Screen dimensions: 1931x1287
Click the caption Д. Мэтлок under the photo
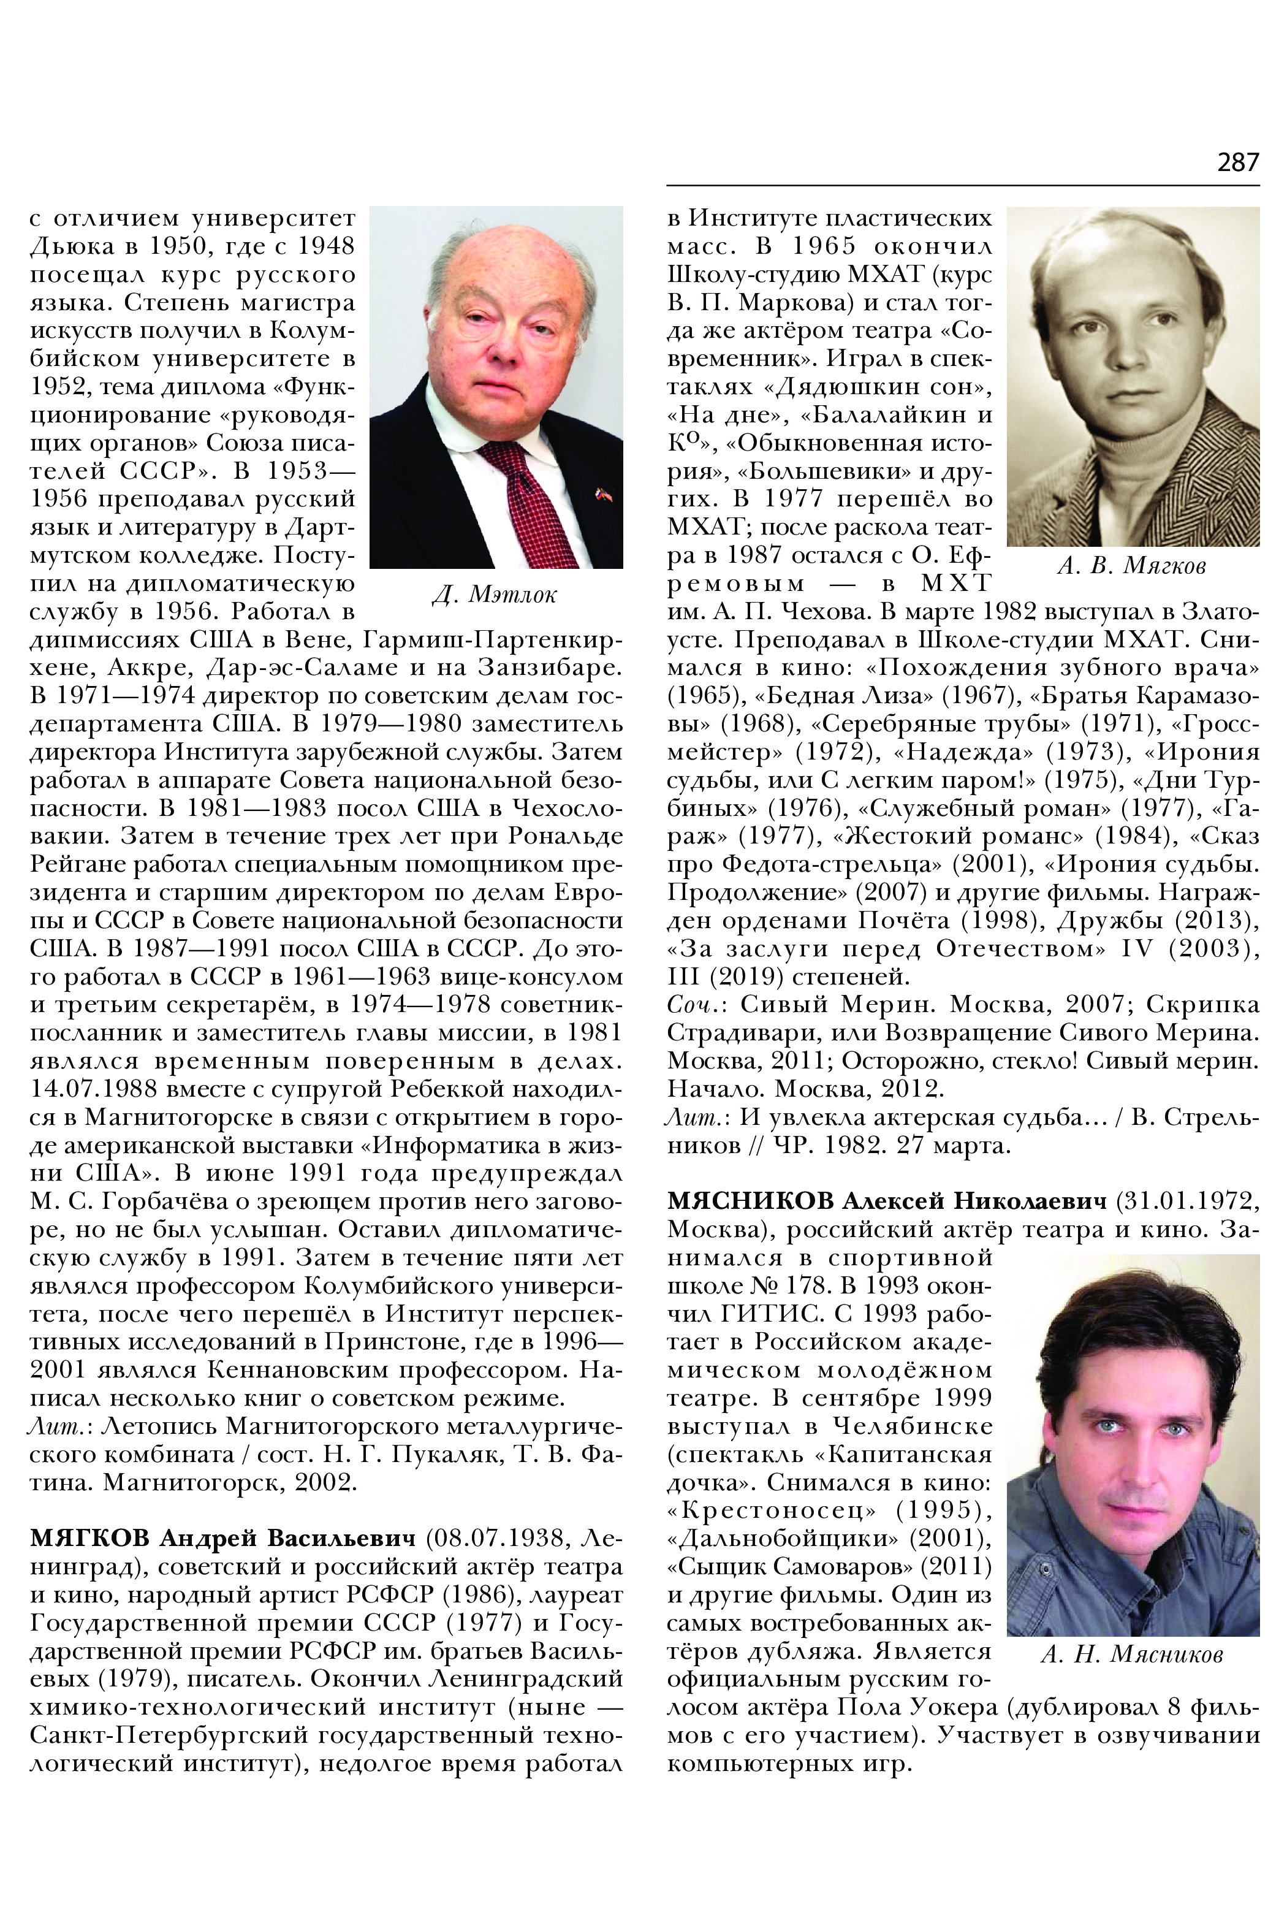(494, 595)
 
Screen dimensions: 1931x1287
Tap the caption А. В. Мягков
(1132, 566)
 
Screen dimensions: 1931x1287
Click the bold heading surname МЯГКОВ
(89, 1537)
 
